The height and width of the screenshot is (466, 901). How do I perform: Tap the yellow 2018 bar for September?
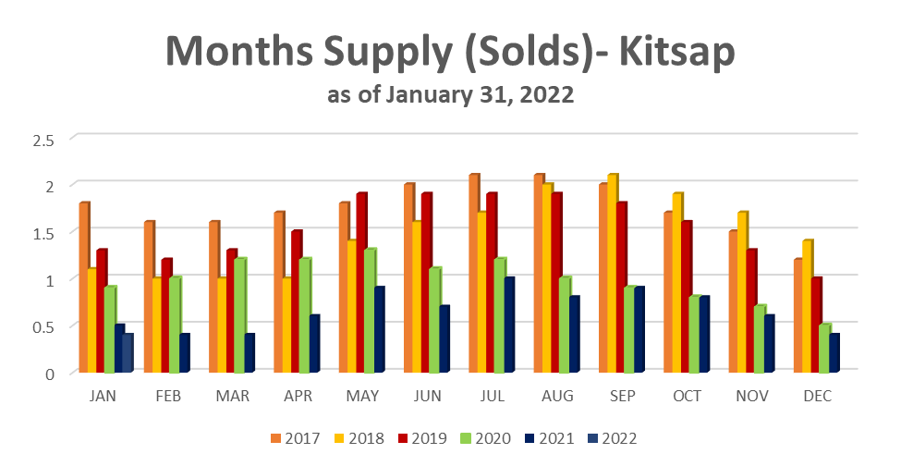click(x=611, y=274)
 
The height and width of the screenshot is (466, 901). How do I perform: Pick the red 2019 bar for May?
click(x=360, y=283)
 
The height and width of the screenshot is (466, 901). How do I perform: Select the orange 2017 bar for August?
click(x=539, y=274)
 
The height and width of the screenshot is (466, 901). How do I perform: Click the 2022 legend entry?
click(x=610, y=438)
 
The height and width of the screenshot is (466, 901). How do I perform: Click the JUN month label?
click(x=428, y=396)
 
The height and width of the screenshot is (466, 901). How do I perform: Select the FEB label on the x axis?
click(x=168, y=396)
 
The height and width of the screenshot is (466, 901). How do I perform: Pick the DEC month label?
click(x=818, y=396)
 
